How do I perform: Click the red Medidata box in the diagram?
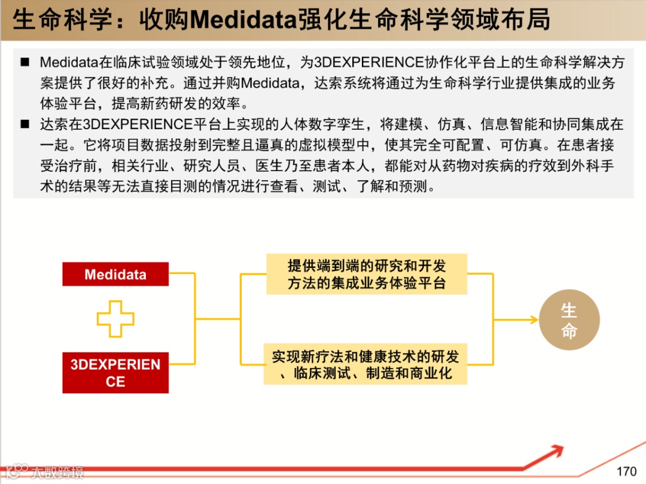click(x=115, y=275)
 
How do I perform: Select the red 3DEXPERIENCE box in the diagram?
click(x=115, y=373)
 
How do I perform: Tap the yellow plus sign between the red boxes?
click(x=115, y=319)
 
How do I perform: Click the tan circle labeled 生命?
click(x=569, y=320)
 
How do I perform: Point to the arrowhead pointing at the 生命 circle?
click(x=534, y=320)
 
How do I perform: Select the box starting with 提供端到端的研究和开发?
click(x=367, y=274)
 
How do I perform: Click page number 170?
click(x=626, y=471)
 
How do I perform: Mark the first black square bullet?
click(x=25, y=62)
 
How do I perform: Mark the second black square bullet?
click(x=25, y=124)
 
